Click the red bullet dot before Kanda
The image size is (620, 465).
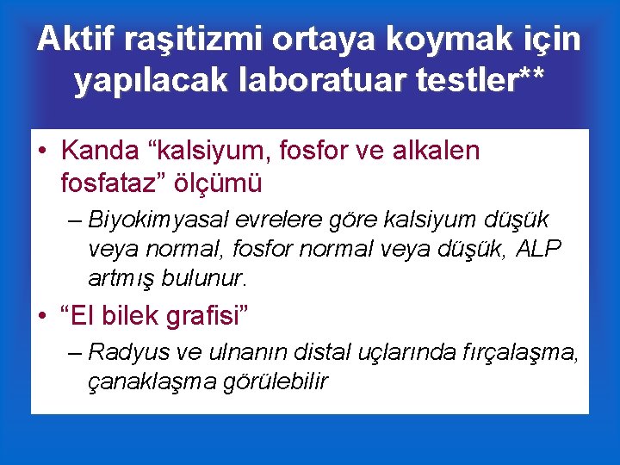[x=40, y=152]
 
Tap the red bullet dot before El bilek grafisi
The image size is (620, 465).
[x=40, y=317]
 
